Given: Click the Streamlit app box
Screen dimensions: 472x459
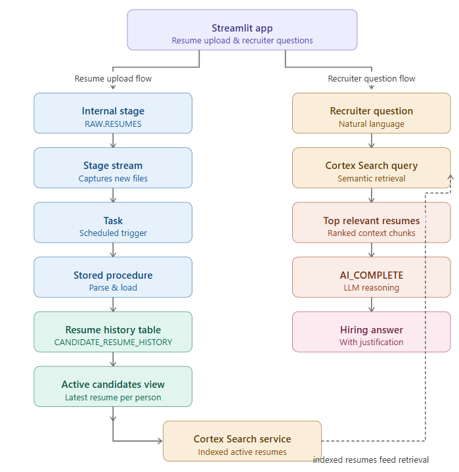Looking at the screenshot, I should point(242,30).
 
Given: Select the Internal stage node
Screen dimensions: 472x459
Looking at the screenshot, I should point(113,113).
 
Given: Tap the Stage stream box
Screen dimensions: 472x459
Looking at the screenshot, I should point(113,168).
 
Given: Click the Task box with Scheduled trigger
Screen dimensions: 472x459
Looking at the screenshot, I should point(113,222).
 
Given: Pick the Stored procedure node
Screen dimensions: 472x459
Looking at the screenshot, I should point(113,277).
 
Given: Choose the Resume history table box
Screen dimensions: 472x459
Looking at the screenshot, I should point(113,331).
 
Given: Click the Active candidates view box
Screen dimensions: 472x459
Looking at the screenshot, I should point(113,386).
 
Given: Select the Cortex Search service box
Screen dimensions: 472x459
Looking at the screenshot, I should point(242,440).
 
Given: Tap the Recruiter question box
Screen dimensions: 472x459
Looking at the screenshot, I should point(372,113).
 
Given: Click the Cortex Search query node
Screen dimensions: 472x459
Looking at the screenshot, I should point(372,168).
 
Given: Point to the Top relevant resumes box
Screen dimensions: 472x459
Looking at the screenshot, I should point(372,222).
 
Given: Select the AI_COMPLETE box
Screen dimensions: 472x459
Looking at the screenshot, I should point(372,277).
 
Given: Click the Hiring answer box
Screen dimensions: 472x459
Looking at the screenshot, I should point(372,331).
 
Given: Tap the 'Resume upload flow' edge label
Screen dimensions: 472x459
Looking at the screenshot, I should point(113,79).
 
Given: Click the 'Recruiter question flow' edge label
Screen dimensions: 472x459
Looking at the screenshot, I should point(372,79).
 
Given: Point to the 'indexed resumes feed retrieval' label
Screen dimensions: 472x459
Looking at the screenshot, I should point(371,460).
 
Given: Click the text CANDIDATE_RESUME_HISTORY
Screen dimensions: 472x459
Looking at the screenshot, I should point(113,342).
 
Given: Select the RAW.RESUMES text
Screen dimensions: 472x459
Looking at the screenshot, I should point(113,124).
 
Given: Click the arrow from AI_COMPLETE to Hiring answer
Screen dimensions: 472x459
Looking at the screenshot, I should point(372,304).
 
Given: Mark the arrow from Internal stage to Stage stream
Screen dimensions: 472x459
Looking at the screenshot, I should point(113,140).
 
